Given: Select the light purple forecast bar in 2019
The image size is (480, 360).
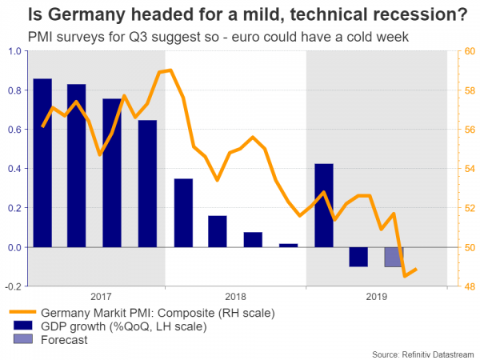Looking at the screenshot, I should pyautogui.click(x=394, y=256).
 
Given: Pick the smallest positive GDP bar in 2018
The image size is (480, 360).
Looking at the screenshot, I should pyautogui.click(x=289, y=246).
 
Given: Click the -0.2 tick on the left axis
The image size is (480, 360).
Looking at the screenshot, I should pyautogui.click(x=13, y=286).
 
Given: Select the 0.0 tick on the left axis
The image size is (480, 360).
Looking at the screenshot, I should pyautogui.click(x=14, y=247).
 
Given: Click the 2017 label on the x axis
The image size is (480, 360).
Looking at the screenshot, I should pyautogui.click(x=102, y=296).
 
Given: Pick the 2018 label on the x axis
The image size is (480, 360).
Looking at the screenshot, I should pyautogui.click(x=236, y=296).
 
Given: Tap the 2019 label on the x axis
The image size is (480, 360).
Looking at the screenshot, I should pyautogui.click(x=376, y=296).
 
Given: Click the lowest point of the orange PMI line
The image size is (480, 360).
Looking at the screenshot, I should pyautogui.click(x=406, y=275).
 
